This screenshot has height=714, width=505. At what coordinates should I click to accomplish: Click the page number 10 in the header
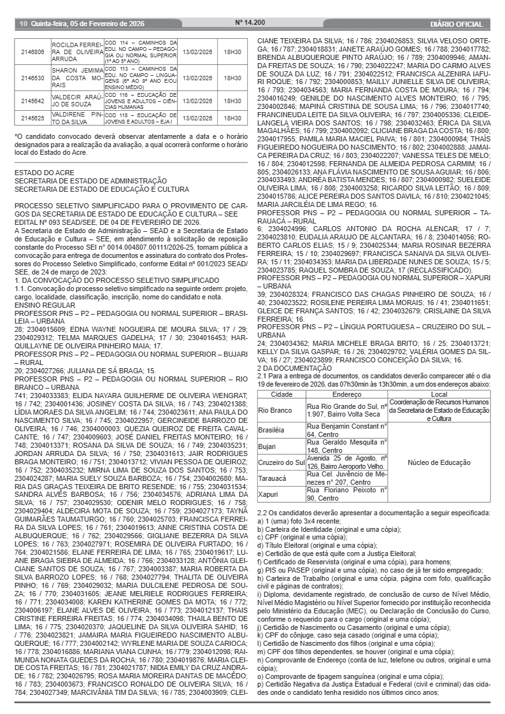[x=23, y=24]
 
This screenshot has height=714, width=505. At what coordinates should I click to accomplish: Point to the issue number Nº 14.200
[x=250, y=23]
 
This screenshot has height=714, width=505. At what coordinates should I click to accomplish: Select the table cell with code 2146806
[x=32, y=52]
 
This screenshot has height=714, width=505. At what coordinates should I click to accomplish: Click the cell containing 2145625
[x=32, y=118]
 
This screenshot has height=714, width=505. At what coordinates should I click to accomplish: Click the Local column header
[x=438, y=395]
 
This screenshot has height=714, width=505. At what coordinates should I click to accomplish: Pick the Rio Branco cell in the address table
[x=274, y=410]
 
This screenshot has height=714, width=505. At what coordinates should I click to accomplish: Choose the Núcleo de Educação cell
[x=438, y=462]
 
